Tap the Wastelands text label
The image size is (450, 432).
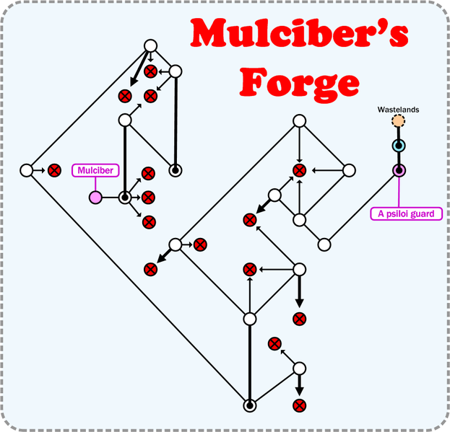click(x=398, y=110)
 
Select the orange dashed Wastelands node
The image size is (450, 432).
click(x=398, y=122)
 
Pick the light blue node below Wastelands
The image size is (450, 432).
click(x=398, y=146)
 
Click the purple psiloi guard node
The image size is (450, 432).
click(x=398, y=171)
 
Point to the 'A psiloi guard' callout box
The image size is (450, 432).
click(x=406, y=214)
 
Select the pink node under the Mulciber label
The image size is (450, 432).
click(x=95, y=197)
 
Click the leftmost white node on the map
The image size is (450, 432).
click(x=26, y=171)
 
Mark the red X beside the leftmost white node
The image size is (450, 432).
click(x=53, y=171)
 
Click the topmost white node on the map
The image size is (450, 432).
click(x=150, y=46)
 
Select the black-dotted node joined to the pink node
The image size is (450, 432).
click(x=125, y=197)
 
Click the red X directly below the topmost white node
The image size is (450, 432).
click(x=150, y=71)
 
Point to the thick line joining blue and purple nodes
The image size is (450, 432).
click(x=398, y=159)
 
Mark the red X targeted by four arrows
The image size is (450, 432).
click(x=299, y=171)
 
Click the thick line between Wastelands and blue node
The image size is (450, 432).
click(x=398, y=134)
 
